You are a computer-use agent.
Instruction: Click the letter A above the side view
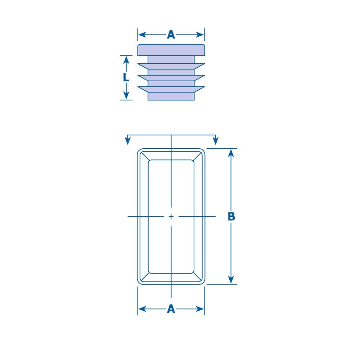click(171, 35)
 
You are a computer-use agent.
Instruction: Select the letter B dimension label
click(231, 216)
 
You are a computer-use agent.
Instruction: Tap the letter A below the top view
click(171, 309)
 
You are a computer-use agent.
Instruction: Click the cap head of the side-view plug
click(171, 50)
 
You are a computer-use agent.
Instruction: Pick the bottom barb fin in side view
click(171, 89)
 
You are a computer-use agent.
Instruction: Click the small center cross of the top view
click(171, 216)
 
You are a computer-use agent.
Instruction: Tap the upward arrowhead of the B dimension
click(231, 153)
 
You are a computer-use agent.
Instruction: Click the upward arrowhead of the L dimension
click(126, 60)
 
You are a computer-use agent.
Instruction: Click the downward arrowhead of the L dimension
click(126, 95)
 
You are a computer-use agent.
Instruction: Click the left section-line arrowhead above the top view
click(127, 141)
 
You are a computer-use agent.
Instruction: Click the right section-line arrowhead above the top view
click(215, 141)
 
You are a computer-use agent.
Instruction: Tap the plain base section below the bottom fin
click(171, 96)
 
